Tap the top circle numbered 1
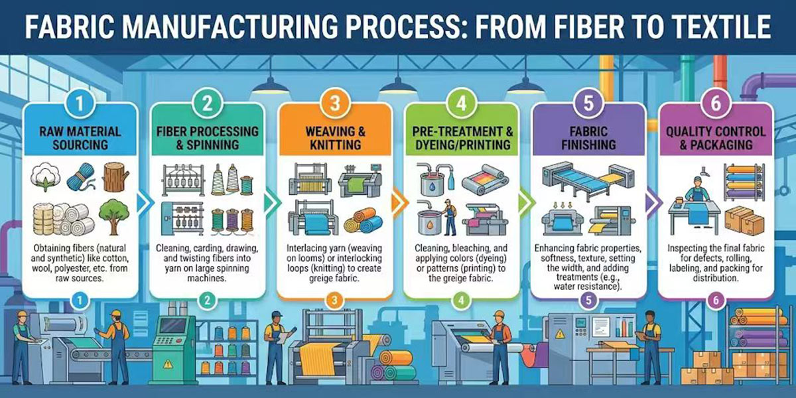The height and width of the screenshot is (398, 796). point(80,103)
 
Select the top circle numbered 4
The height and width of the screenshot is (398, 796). point(461,103)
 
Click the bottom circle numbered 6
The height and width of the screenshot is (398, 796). point(716,300)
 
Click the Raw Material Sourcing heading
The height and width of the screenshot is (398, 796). point(80,138)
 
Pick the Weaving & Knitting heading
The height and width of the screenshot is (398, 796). point(335,138)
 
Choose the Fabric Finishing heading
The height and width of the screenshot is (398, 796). point(588,138)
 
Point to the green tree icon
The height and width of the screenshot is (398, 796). point(113,216)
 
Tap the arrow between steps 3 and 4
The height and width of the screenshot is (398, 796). point(399,203)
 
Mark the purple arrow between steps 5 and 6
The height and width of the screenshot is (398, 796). point(653,203)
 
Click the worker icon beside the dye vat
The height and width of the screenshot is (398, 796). point(450,217)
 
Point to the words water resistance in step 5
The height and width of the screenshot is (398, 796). point(588,287)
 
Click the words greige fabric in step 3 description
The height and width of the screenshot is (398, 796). point(334,278)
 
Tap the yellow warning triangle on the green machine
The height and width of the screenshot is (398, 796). point(168,364)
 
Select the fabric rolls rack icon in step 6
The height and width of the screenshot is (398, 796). point(744,182)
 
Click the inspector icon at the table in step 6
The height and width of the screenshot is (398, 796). point(697,188)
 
